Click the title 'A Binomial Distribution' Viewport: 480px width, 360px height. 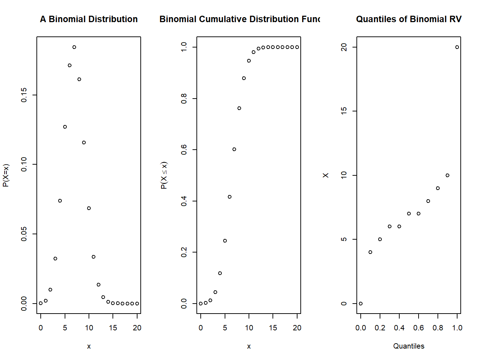pos(89,19)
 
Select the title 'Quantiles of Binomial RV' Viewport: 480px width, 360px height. pos(409,19)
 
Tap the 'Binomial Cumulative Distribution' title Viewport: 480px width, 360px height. pos(240,19)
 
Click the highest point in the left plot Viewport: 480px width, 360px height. pos(74,47)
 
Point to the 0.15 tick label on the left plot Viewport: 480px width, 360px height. pos(24,95)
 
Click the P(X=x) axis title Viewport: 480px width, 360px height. pos(6,175)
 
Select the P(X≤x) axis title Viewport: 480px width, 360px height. pos(164,175)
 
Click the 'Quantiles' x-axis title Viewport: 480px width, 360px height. pos(409,346)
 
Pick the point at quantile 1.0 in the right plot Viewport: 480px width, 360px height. pos(457,47)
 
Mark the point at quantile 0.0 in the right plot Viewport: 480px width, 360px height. pos(361,304)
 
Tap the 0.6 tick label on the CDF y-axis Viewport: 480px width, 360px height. pos(184,150)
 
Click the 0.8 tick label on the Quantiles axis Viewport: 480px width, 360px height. pos(438,328)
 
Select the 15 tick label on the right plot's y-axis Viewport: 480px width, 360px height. pos(344,111)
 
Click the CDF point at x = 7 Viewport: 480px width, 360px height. pos(234,149)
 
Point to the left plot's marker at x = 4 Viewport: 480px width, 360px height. pos(60,201)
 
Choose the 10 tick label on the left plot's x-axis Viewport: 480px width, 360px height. pos(89,328)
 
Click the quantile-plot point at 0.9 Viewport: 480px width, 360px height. pos(447,175)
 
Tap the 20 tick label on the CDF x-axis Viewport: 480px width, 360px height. pos(297,328)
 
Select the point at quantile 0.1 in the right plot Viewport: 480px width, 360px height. pos(370,252)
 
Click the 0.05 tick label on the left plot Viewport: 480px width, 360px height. pos(24,234)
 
